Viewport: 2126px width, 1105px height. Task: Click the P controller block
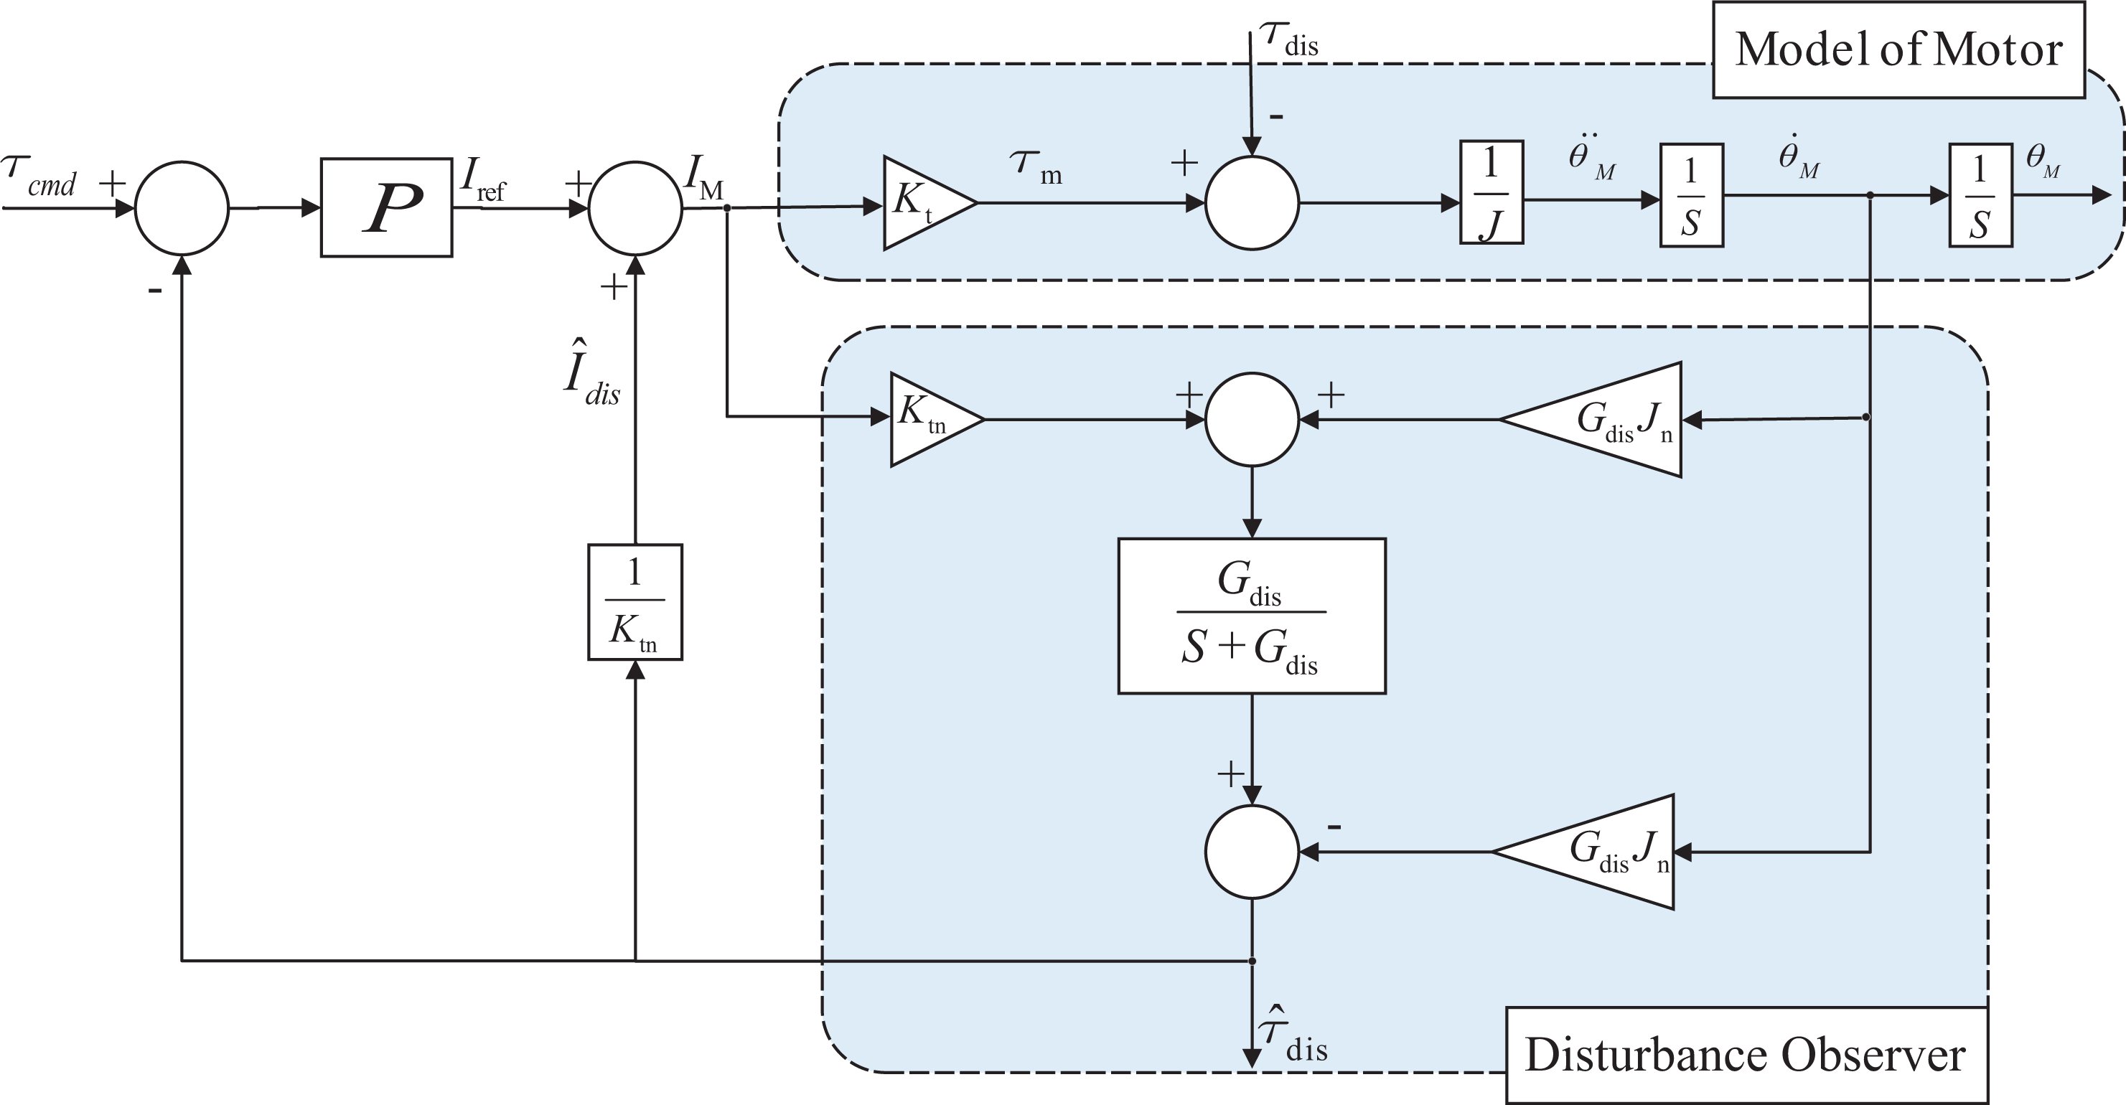[386, 207]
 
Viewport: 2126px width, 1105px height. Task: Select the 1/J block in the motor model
[1492, 192]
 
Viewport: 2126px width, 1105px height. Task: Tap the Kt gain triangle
[929, 202]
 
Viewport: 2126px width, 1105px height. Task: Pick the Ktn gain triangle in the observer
[937, 419]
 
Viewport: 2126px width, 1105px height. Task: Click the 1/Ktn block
[634, 601]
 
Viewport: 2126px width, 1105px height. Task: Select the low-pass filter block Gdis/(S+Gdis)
[1252, 616]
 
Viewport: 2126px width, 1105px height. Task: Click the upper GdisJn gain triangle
[1591, 419]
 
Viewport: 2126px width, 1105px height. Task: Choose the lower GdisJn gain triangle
[1583, 852]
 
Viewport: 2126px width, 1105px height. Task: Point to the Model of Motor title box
[1899, 50]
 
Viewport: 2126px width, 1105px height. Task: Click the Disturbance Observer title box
[1746, 1055]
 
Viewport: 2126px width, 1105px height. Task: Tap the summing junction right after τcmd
[182, 207]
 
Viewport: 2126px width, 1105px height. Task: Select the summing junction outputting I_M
[635, 207]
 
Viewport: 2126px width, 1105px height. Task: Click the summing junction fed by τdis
[1252, 202]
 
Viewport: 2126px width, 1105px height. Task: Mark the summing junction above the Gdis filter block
[1252, 419]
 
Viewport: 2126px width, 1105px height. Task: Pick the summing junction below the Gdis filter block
[1252, 852]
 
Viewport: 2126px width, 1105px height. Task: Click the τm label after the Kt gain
[1036, 166]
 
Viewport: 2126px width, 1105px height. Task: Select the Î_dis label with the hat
[591, 373]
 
